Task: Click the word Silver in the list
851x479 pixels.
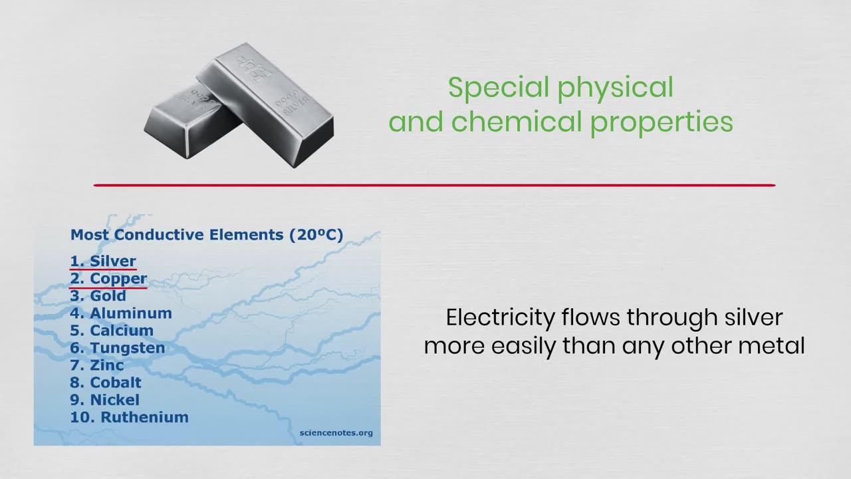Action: (x=113, y=261)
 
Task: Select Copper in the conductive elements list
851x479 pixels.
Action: (x=118, y=279)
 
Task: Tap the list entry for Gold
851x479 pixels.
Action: (x=108, y=296)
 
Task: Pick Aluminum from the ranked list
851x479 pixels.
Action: (x=131, y=313)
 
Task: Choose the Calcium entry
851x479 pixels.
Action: (x=122, y=331)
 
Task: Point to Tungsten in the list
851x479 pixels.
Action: (x=127, y=348)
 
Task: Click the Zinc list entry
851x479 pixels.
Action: (x=107, y=365)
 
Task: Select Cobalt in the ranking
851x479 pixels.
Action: (x=116, y=383)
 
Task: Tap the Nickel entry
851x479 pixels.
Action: (x=115, y=400)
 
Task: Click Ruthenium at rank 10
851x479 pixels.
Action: (x=144, y=417)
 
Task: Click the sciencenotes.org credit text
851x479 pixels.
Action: (x=336, y=433)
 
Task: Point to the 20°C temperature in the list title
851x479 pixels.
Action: (x=316, y=235)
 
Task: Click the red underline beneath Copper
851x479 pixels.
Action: (x=108, y=288)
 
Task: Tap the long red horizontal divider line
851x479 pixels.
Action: (x=434, y=186)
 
